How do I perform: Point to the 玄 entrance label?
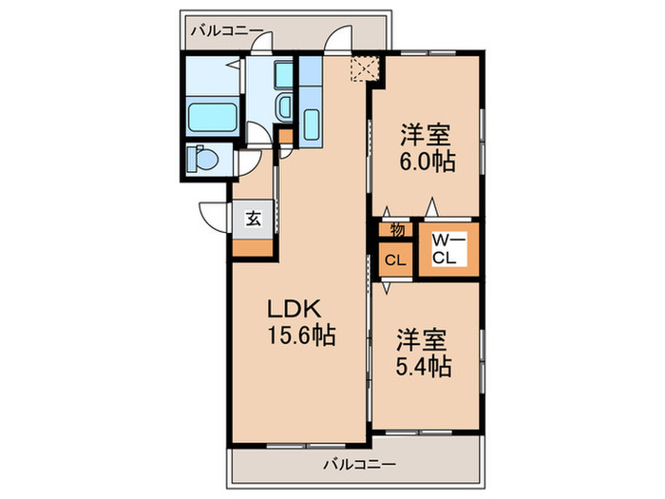point(254,217)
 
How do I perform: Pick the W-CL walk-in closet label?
point(446,249)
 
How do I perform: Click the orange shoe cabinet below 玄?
point(253,246)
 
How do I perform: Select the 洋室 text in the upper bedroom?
point(424,134)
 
